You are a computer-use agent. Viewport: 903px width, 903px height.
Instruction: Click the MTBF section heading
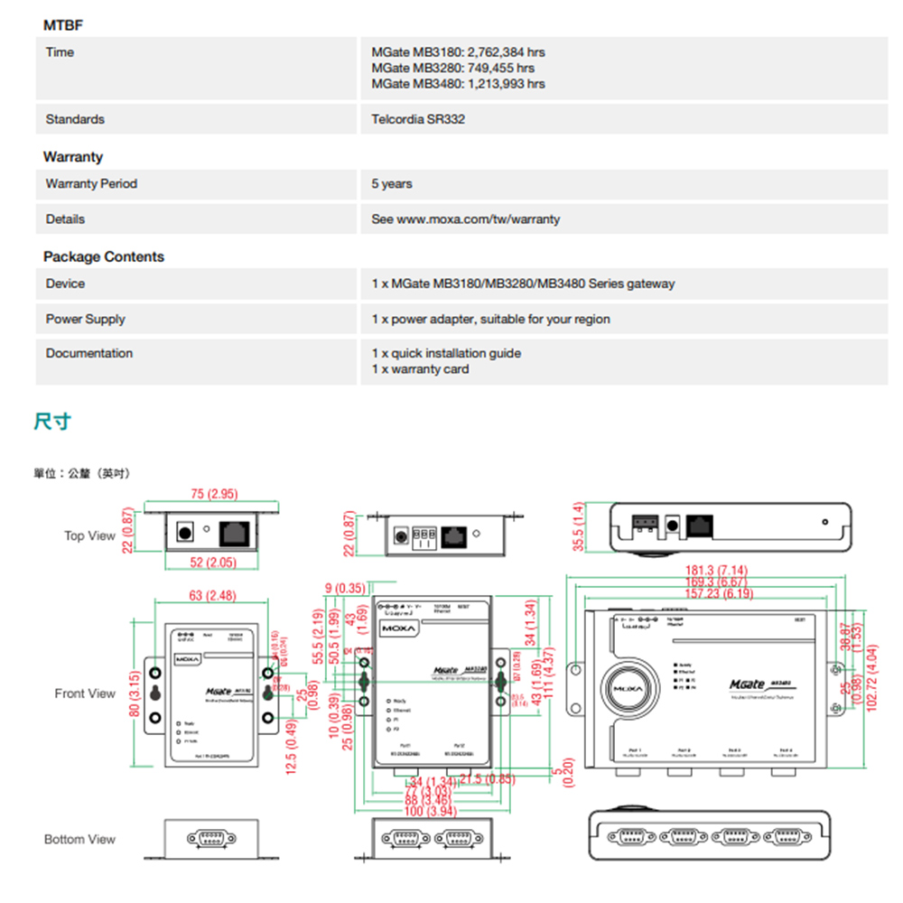[63, 24]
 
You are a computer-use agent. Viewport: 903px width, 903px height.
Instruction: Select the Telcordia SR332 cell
[418, 119]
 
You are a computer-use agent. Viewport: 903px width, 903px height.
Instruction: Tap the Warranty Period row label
[91, 183]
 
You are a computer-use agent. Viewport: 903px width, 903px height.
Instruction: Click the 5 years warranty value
[392, 183]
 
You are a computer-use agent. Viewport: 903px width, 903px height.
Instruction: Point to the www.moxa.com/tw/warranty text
[479, 219]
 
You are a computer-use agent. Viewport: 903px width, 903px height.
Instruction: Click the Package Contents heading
[104, 256]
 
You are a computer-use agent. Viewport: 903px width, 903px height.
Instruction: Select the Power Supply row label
[86, 319]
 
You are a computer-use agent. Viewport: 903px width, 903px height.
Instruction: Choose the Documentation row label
[89, 353]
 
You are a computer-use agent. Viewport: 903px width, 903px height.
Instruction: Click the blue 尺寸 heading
[52, 421]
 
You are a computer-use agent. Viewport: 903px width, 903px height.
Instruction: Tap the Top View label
[89, 536]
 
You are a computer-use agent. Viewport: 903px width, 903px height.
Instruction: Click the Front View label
[85, 694]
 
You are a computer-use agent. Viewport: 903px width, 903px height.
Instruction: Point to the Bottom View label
[79, 840]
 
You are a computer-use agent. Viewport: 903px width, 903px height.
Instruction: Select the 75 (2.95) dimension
[214, 494]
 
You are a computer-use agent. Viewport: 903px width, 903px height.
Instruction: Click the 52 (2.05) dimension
[213, 563]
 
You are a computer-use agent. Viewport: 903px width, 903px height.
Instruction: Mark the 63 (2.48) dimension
[212, 595]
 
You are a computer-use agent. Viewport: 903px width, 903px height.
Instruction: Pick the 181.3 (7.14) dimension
[717, 571]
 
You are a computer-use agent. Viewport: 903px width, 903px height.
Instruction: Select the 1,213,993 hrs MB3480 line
[458, 84]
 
